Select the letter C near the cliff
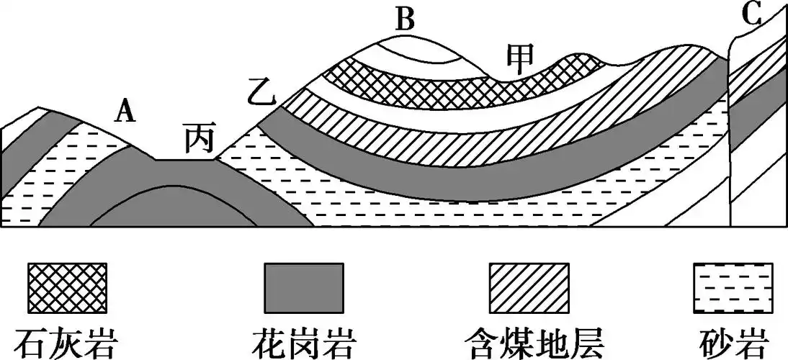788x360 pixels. point(753,15)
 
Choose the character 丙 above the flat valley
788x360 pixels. point(197,139)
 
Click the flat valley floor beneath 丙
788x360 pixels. point(186,161)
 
